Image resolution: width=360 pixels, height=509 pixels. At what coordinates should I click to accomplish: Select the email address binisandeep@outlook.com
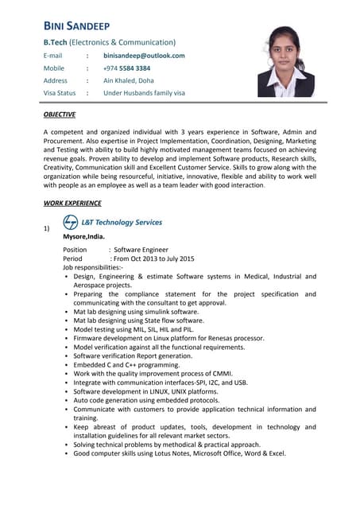tap(144, 56)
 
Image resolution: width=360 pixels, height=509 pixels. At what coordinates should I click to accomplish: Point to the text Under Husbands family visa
tap(144, 93)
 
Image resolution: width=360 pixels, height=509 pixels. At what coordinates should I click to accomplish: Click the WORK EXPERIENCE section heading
tap(72, 203)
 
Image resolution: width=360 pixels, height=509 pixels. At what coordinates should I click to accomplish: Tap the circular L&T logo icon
tap(71, 223)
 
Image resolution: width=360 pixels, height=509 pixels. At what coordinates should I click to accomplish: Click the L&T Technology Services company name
tap(123, 223)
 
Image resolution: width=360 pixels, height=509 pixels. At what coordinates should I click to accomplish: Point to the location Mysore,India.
tap(83, 236)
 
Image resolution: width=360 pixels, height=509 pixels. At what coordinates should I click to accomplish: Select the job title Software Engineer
tap(141, 250)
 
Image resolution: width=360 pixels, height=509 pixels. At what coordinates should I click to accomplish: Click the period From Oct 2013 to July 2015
tap(154, 258)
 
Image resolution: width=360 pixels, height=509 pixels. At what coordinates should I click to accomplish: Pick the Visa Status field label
tap(60, 93)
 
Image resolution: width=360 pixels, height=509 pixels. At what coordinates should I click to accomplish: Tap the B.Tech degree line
tap(110, 41)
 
